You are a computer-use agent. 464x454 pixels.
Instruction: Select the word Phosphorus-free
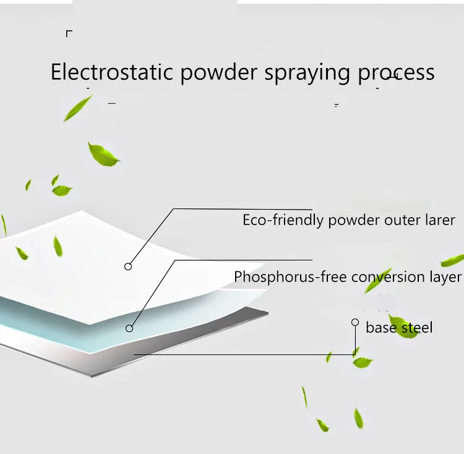coord(290,276)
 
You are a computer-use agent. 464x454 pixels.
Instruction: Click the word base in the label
coord(380,327)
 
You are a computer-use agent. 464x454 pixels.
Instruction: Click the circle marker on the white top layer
coord(128,267)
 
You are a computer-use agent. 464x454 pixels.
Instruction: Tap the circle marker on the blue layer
coord(129,328)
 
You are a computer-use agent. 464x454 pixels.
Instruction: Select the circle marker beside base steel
coord(355,322)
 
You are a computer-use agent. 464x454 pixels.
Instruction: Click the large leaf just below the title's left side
coord(103,154)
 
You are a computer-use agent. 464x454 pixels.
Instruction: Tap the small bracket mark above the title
coord(69,33)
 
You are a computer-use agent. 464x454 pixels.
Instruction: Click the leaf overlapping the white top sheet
coord(58,246)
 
